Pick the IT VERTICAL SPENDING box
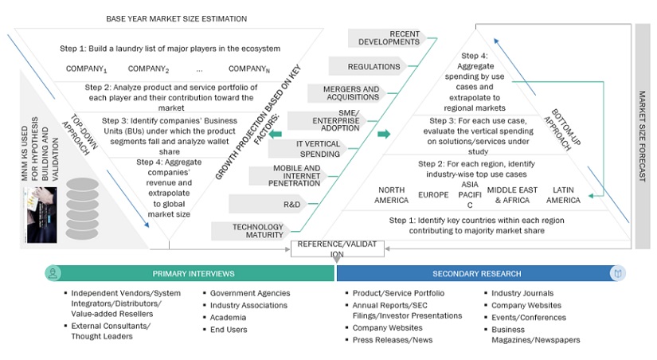click(319, 147)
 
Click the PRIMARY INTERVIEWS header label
click(194, 273)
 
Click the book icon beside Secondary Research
click(617, 273)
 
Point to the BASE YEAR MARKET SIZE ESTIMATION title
click(164, 18)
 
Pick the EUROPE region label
click(434, 194)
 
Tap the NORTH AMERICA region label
click(391, 195)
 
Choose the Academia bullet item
click(228, 317)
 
